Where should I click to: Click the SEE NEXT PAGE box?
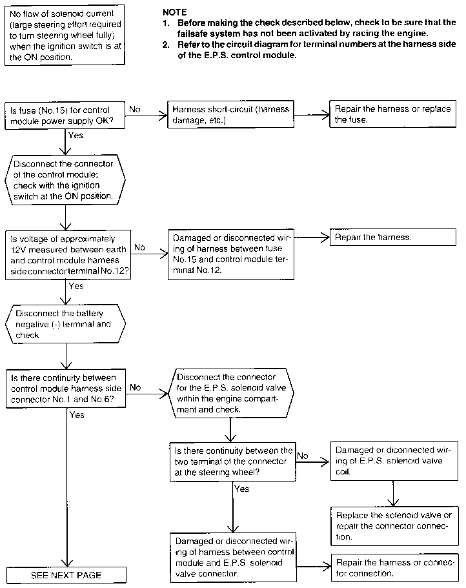(x=66, y=575)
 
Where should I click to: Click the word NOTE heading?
(x=174, y=12)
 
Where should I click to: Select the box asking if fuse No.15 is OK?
(x=65, y=116)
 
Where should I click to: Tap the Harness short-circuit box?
(x=230, y=114)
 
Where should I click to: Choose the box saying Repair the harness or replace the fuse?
(x=392, y=114)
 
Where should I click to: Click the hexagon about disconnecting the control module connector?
(x=65, y=180)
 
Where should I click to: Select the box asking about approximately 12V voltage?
(x=68, y=255)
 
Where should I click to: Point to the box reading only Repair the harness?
(x=393, y=238)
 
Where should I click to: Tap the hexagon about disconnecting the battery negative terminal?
(x=65, y=324)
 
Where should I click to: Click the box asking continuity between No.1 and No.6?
(x=66, y=389)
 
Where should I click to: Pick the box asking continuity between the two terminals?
(x=233, y=461)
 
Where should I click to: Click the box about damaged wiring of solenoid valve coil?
(x=394, y=461)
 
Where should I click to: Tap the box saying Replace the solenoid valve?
(x=394, y=526)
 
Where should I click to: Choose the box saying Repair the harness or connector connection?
(x=395, y=568)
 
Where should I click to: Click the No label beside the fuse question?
(x=135, y=109)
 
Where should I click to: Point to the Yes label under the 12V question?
(x=76, y=286)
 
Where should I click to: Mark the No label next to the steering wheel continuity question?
(x=303, y=456)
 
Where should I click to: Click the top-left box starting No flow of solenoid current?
(x=65, y=35)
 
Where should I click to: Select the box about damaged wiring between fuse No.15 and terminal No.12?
(x=230, y=254)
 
